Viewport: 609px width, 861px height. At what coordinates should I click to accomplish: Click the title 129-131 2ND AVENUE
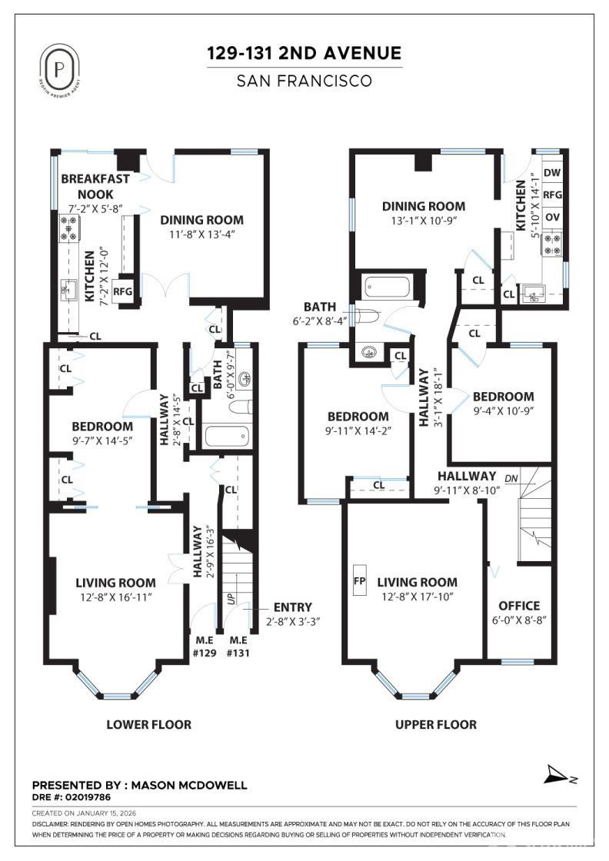tap(304, 53)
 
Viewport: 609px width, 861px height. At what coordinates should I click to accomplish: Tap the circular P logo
tap(60, 67)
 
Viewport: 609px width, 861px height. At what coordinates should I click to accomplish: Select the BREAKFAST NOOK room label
tap(95, 186)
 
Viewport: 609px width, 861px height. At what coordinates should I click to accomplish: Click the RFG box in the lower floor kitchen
tap(123, 292)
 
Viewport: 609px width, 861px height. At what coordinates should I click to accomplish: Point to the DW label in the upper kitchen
tap(552, 173)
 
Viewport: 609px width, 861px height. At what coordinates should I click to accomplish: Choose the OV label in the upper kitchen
tap(552, 218)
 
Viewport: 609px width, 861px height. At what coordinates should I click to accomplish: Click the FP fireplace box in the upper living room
tap(359, 580)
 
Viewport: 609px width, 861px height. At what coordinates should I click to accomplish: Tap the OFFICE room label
tap(519, 606)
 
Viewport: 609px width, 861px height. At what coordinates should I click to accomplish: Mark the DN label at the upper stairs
tap(511, 478)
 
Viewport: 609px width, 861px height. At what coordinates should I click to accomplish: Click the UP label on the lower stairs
tap(230, 597)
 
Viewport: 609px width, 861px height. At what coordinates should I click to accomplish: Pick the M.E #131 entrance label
tap(238, 647)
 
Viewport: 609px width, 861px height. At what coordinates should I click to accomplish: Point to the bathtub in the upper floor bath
tap(388, 287)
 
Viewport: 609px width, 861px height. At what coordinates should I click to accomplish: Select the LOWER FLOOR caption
tap(148, 724)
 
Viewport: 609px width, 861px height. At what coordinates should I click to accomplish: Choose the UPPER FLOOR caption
tap(435, 724)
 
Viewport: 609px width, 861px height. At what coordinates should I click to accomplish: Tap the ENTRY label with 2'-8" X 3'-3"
tap(293, 607)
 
